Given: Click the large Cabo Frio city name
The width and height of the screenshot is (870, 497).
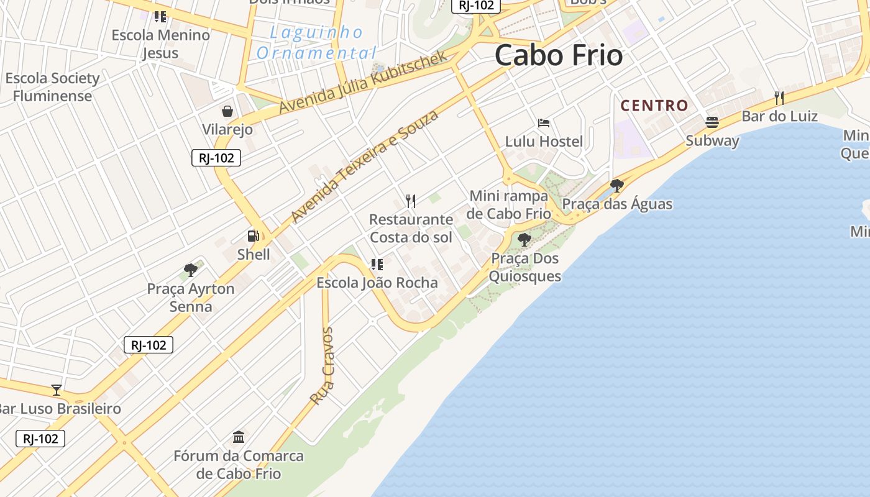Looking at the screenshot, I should coord(559,55).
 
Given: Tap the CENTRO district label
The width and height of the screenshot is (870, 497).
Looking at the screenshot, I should coord(654,106).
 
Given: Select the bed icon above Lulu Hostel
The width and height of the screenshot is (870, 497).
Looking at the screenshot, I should coord(544,123).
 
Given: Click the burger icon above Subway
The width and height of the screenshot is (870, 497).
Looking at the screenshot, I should coord(712,122).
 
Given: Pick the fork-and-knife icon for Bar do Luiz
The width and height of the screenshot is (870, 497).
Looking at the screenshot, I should coord(779,98).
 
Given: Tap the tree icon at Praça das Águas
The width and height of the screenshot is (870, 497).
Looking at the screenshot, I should coord(616,185).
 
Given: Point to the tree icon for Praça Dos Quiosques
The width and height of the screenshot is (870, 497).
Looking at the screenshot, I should coord(524,239).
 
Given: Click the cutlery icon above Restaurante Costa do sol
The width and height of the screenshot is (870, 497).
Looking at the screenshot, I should coord(410,201).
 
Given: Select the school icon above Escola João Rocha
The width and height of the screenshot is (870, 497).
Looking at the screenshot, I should coord(377,265).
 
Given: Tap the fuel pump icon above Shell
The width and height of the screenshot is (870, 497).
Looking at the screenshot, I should coord(254,236).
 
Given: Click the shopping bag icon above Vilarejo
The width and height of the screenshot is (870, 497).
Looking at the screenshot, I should coord(227,111).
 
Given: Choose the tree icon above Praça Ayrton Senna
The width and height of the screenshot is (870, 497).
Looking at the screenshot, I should coord(191,270).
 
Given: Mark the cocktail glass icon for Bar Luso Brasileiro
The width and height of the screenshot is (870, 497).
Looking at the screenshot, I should coord(57,390).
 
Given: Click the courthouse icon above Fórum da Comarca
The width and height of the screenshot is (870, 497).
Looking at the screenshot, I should coord(239,437).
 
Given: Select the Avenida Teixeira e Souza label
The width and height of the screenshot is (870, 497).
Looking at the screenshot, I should coord(365,166).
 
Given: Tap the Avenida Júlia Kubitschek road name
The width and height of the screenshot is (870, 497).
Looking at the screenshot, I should coord(363,82).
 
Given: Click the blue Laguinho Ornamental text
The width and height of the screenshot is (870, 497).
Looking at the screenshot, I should coord(317,42).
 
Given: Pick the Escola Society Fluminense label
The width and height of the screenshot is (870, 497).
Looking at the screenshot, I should coord(53,87).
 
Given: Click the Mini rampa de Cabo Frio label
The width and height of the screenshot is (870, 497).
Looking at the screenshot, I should coord(510,204).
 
